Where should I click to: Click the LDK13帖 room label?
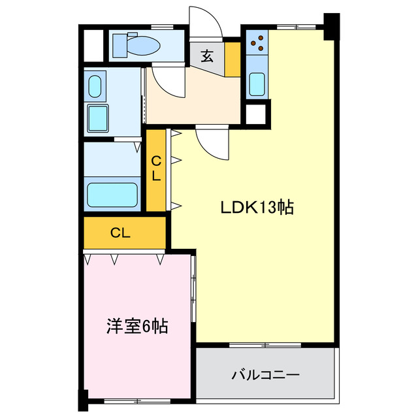256,208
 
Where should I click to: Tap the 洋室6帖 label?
137,326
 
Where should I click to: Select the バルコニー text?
265,376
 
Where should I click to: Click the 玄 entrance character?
206,56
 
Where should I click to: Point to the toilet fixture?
136,46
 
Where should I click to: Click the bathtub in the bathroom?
112,195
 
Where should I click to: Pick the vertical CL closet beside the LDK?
157,169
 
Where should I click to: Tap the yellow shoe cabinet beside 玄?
233,59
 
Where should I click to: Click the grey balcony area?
265,376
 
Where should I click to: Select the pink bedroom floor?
137,353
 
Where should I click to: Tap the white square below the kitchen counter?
255,113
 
